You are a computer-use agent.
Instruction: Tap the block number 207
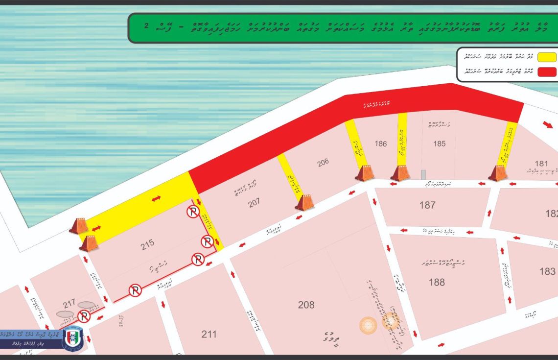tap(254, 202)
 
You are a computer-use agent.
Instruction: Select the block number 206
tap(323, 163)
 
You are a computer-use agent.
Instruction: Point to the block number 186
tap(381, 144)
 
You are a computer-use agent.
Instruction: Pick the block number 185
tap(439, 144)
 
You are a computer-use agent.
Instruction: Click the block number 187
tap(427, 205)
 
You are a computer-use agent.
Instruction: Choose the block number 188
tap(437, 282)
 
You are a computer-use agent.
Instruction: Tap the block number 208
tap(306, 305)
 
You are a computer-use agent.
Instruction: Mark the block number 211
tap(209, 335)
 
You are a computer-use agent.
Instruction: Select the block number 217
tap(69, 303)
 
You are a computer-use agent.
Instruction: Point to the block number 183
tap(547, 271)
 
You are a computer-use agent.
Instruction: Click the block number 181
tap(541, 163)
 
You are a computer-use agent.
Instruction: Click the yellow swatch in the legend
tap(548, 56)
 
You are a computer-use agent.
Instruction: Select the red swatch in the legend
tap(548, 72)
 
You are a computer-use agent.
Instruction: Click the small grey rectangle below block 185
tap(423, 175)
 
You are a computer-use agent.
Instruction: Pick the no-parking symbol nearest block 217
tap(84, 317)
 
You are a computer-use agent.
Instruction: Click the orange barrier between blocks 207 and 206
tap(304, 202)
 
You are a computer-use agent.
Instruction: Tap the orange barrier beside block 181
tap(498, 173)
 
